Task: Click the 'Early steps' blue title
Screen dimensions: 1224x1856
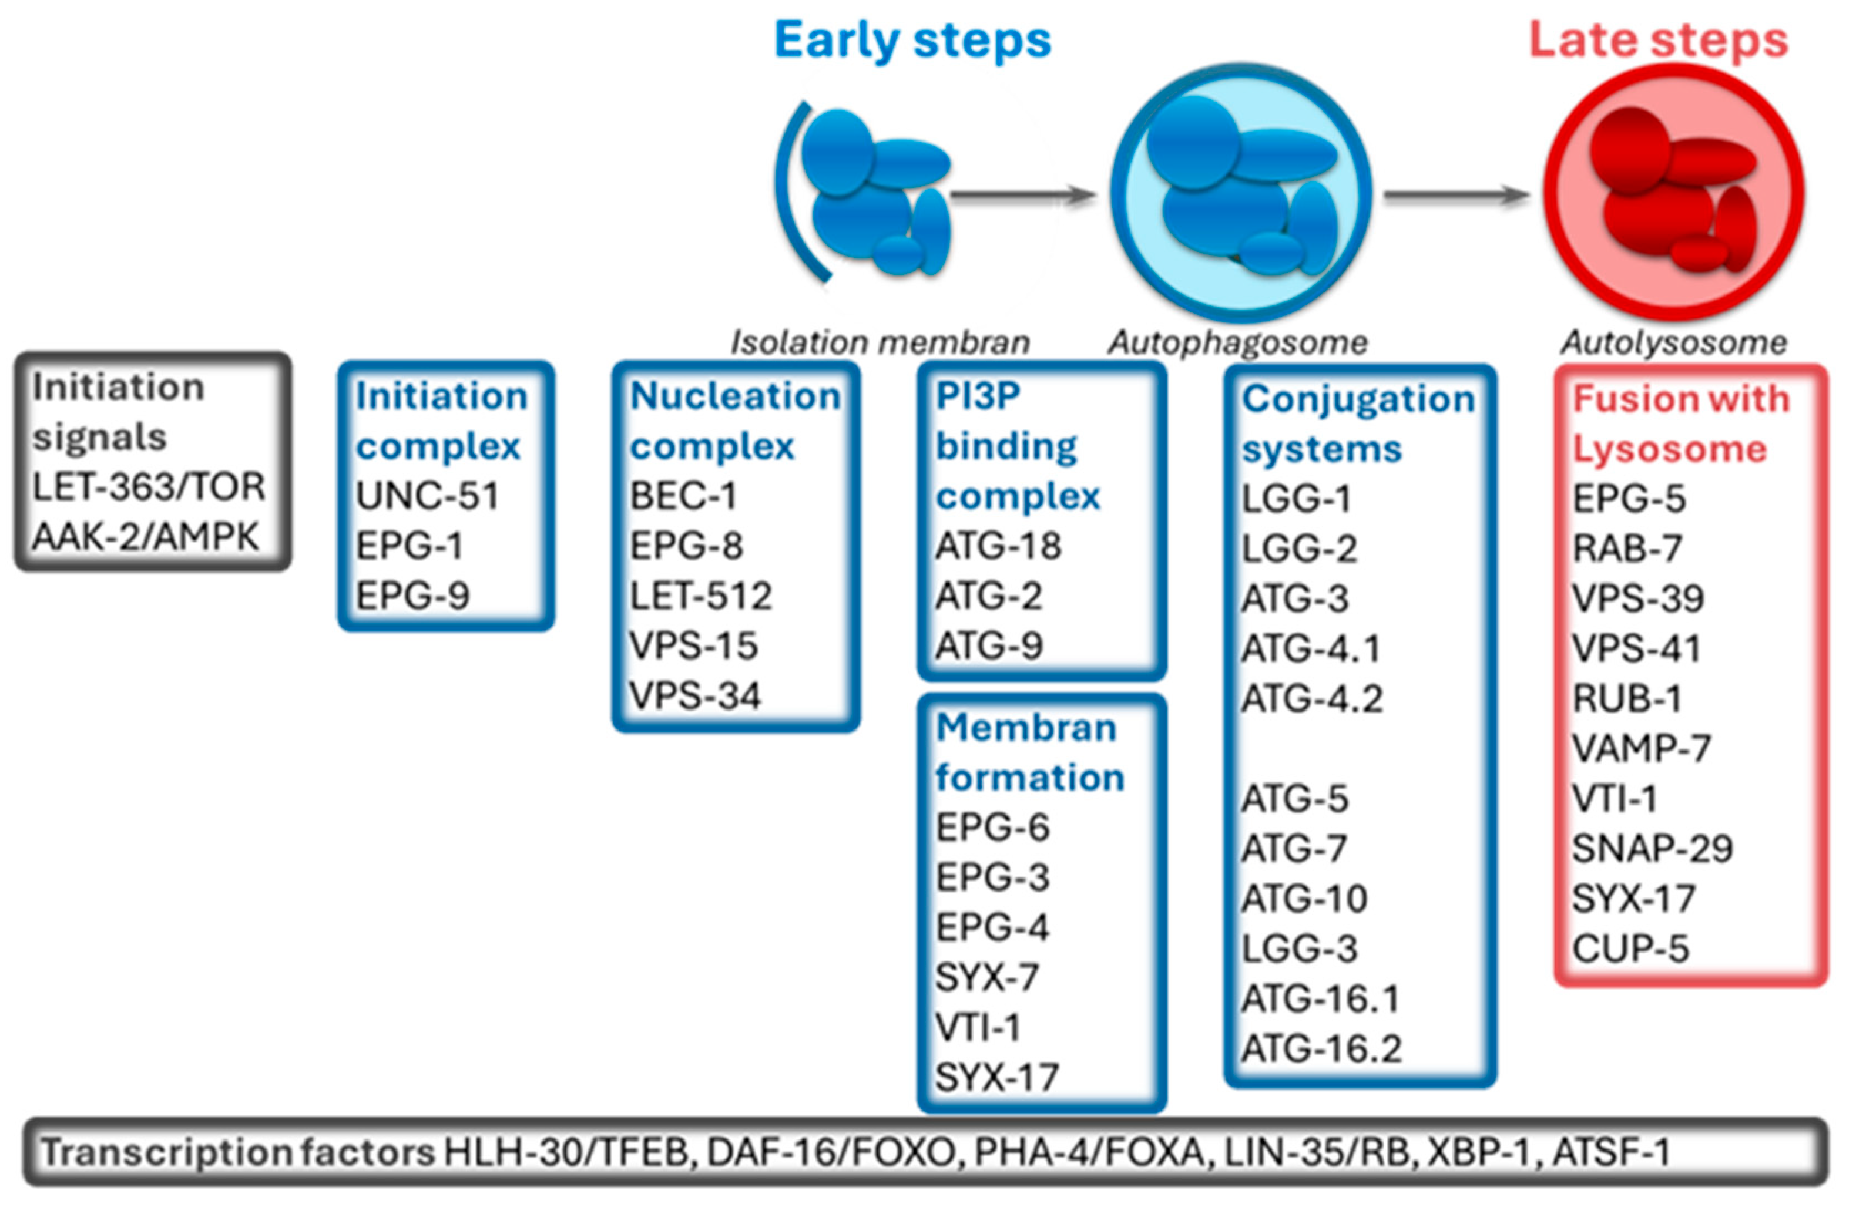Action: pyautogui.click(x=912, y=41)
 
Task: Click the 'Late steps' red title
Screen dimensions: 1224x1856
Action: pyautogui.click(x=1657, y=41)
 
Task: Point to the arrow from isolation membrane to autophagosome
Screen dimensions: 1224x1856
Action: pyautogui.click(x=1023, y=195)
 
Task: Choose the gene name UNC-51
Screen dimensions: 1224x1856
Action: pyautogui.click(x=427, y=496)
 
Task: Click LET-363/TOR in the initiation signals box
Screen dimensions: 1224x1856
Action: pyautogui.click(x=149, y=487)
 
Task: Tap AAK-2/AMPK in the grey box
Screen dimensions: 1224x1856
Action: pyautogui.click(x=145, y=537)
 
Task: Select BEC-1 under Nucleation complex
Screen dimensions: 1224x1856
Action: pyautogui.click(x=683, y=496)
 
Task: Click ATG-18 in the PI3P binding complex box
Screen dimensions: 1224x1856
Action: pyautogui.click(x=998, y=546)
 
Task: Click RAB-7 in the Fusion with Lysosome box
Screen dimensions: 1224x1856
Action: pyautogui.click(x=1627, y=549)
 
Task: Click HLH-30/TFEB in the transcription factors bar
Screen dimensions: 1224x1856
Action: pyautogui.click(x=567, y=1153)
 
